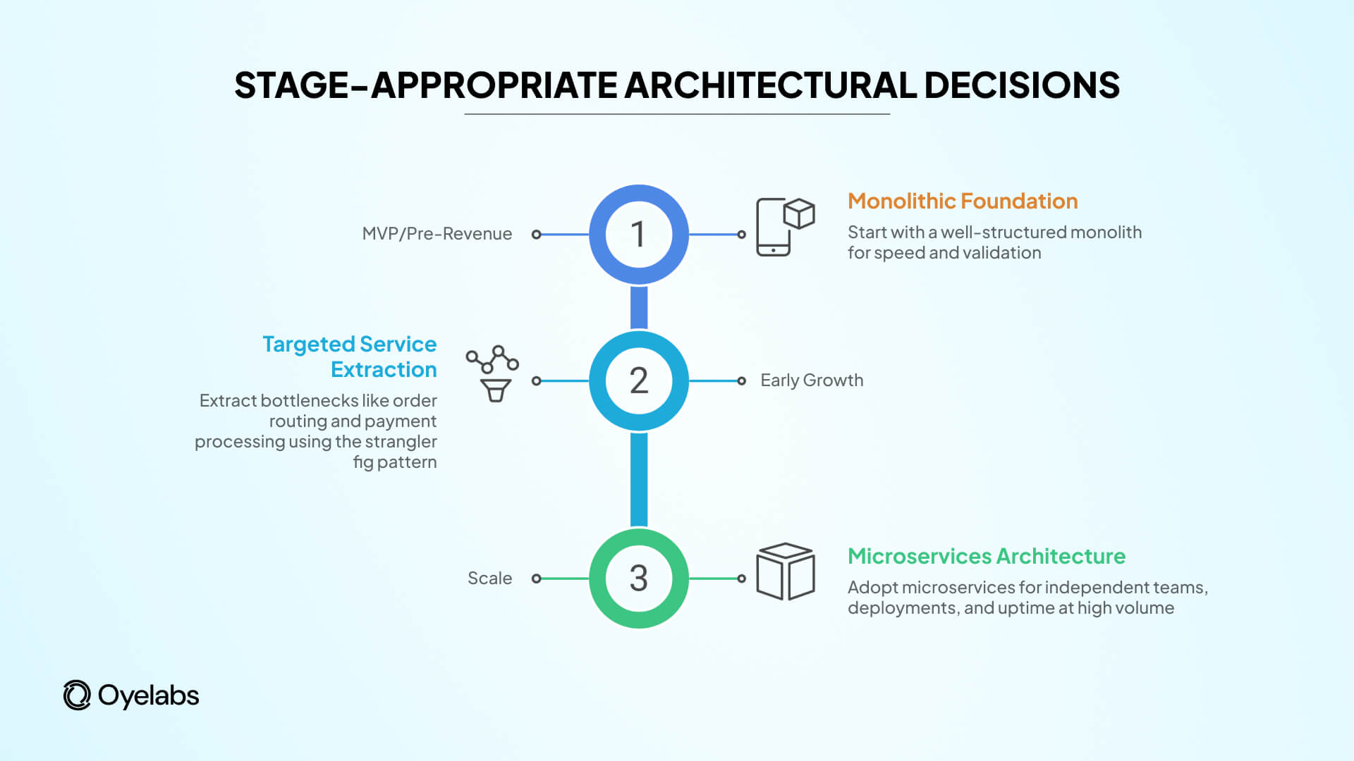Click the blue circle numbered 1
pyautogui.click(x=638, y=235)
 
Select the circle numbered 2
pyautogui.click(x=638, y=380)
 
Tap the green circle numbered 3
pyautogui.click(x=638, y=579)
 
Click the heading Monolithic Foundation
pyautogui.click(x=962, y=202)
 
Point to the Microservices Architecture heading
pyautogui.click(x=986, y=557)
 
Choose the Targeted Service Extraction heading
pyautogui.click(x=350, y=357)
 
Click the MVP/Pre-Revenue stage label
pyautogui.click(x=437, y=234)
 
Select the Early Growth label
pyautogui.click(x=811, y=380)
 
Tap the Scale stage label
pyautogui.click(x=489, y=579)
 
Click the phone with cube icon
pyautogui.click(x=784, y=227)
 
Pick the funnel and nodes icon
pyautogui.click(x=493, y=373)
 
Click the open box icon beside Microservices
pyautogui.click(x=785, y=571)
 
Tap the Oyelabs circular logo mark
pyautogui.click(x=77, y=695)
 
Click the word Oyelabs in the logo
pyautogui.click(x=148, y=695)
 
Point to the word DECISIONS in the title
pyautogui.click(x=1021, y=85)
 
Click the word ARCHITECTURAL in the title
pyautogui.click(x=770, y=85)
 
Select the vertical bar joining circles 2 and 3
pyautogui.click(x=638, y=479)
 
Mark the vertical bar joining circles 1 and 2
pyautogui.click(x=638, y=307)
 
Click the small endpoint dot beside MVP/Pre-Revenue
pyautogui.click(x=537, y=235)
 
